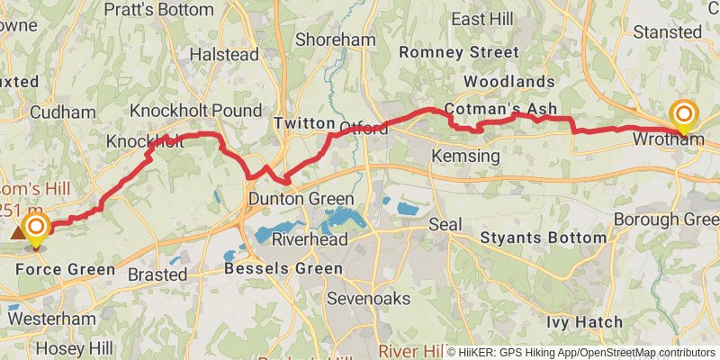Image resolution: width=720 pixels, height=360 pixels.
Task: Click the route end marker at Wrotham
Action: coord(684,114)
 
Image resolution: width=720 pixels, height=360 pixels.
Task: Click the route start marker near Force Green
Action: coord(36,227)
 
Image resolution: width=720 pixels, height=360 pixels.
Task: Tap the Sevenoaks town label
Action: coord(369,298)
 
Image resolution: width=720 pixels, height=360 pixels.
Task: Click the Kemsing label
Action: coord(465,157)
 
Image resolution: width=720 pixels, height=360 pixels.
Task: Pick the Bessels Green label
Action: coord(283,268)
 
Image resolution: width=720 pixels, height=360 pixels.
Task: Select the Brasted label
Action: coord(157,274)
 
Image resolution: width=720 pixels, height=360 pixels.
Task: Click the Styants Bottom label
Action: coord(544,238)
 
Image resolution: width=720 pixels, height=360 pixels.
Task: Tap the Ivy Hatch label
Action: coord(584,321)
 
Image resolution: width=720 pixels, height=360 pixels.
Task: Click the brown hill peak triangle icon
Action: coord(18,232)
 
